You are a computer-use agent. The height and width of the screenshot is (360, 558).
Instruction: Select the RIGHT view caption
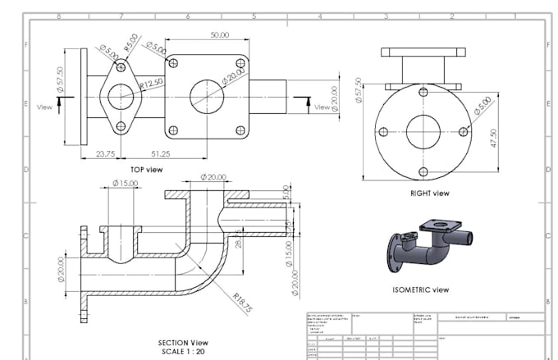pos(430,194)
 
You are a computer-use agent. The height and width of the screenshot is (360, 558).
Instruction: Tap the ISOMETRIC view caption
pos(421,289)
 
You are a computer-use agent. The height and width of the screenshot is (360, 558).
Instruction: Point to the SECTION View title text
pos(183,342)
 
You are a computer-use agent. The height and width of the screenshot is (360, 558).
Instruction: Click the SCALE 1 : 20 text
pos(183,351)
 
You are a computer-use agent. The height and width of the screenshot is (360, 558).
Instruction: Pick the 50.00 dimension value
pos(219,35)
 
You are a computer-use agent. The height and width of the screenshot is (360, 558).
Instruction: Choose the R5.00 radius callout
pos(131,42)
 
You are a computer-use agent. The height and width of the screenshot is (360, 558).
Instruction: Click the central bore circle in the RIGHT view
pos(423,131)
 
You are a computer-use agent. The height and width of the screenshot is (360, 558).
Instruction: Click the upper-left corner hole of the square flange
pos(173,62)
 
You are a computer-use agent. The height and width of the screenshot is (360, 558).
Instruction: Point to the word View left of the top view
pos(45,107)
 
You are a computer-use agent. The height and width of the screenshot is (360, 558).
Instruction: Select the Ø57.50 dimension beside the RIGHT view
pos(358,90)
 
